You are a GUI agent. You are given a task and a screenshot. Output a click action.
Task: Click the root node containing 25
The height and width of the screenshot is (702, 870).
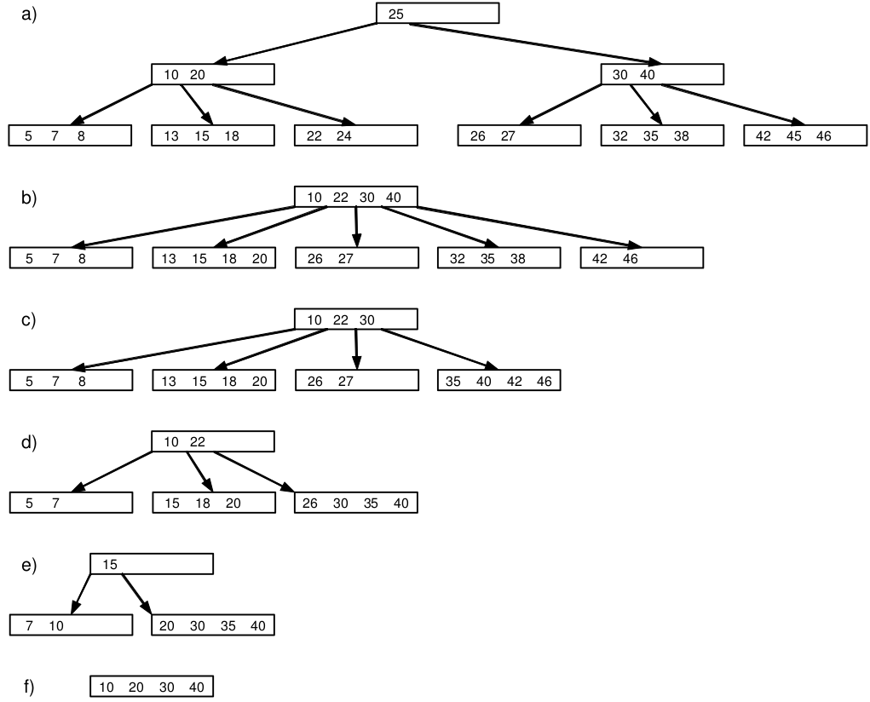click(x=437, y=14)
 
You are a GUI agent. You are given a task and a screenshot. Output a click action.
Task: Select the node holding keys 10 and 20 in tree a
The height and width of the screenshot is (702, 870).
click(x=213, y=75)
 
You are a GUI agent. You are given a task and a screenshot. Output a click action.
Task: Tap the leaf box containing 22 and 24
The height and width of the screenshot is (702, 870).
click(x=356, y=136)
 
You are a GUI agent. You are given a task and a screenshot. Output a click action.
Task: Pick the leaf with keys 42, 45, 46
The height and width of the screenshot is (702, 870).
click(x=805, y=136)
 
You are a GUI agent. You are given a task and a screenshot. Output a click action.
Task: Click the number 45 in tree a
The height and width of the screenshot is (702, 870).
click(x=793, y=136)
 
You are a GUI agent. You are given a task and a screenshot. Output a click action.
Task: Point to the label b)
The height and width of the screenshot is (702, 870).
click(x=29, y=198)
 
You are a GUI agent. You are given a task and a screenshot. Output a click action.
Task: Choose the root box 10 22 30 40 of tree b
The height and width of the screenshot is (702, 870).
click(x=355, y=198)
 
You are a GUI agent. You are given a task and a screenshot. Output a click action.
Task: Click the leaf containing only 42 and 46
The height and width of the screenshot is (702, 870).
click(x=642, y=259)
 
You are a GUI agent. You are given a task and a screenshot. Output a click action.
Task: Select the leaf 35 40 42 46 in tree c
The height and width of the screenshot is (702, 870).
click(x=498, y=382)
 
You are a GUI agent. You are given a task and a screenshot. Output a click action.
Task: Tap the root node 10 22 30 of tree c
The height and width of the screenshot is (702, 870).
click(x=355, y=320)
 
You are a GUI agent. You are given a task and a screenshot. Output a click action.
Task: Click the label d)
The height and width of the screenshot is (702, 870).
click(x=29, y=442)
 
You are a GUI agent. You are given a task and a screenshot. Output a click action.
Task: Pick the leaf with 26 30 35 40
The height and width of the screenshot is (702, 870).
click(x=355, y=503)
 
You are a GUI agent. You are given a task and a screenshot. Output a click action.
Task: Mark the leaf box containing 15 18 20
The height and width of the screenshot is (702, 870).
click(x=213, y=503)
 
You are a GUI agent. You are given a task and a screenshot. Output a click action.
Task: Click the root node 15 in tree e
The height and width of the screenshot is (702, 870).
click(x=152, y=565)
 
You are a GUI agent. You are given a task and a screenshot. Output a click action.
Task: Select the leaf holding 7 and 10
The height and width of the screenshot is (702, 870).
click(x=72, y=626)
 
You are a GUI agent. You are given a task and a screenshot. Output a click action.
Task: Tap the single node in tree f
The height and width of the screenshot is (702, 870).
click(x=152, y=688)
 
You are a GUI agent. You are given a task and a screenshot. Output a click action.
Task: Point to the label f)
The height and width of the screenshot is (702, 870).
click(x=29, y=688)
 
